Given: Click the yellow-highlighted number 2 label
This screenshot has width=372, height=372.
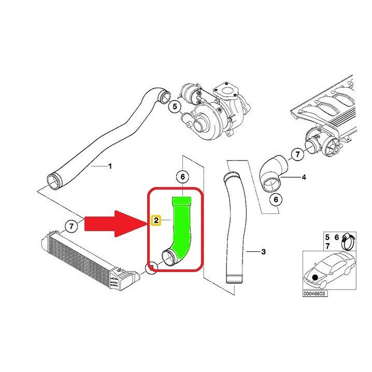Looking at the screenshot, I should [x=155, y=221].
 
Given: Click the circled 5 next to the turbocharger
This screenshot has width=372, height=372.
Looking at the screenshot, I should [x=175, y=107].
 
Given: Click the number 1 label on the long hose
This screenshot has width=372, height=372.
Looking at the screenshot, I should [x=109, y=166].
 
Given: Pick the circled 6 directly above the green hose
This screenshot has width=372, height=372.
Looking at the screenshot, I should [x=182, y=177].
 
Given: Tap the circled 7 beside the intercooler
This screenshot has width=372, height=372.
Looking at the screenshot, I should [x=70, y=225].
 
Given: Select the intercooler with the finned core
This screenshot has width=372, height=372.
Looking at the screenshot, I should [x=83, y=260].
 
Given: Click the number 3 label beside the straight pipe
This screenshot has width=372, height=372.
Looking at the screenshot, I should [x=263, y=252].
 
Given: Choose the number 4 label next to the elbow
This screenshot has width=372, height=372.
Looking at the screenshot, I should [x=304, y=177].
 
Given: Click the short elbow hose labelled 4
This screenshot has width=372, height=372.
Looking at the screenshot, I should [x=273, y=171].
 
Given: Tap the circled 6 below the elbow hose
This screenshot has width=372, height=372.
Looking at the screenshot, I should [x=276, y=199].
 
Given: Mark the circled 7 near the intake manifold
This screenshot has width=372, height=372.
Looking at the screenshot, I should [x=297, y=154].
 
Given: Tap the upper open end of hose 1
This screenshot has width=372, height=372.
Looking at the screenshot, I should [x=164, y=96].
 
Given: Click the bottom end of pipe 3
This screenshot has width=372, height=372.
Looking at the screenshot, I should [x=234, y=281].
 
